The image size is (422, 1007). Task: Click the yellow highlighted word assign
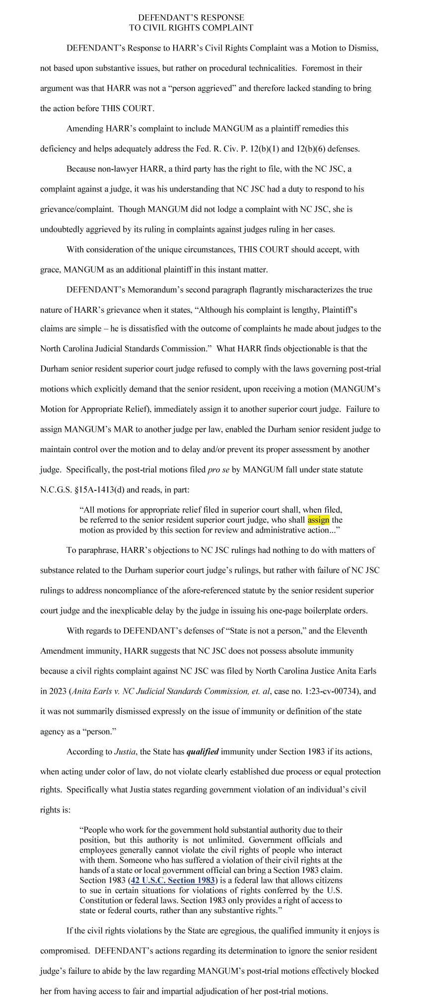tap(318, 520)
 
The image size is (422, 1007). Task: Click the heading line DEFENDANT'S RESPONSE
tap(191, 18)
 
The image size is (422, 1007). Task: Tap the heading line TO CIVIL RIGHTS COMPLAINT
tap(191, 28)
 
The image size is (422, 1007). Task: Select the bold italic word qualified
tap(202, 751)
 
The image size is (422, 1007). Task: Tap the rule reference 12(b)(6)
tap(312, 148)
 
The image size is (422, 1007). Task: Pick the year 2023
tap(58, 691)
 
